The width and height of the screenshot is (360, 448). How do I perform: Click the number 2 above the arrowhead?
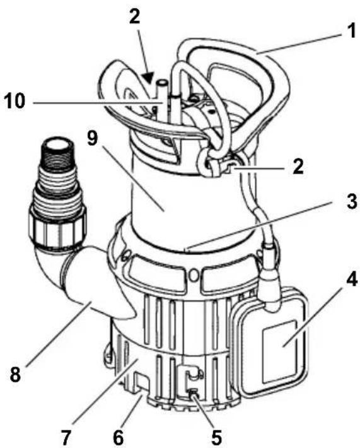(134, 16)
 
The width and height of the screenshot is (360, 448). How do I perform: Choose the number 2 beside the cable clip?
(298, 167)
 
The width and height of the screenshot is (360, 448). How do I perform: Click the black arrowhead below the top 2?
(148, 78)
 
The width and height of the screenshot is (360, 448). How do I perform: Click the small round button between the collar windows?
(194, 274)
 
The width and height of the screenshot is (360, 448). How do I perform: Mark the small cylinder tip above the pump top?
(163, 86)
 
